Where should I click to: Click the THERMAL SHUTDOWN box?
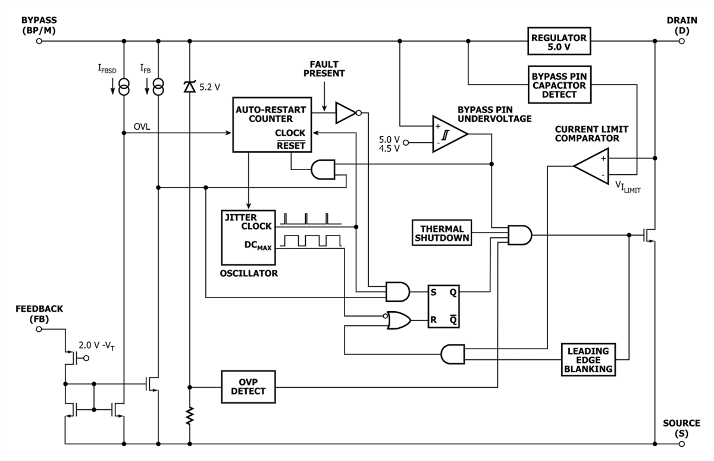pyautogui.click(x=441, y=233)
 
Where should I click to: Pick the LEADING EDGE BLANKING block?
pyautogui.click(x=587, y=359)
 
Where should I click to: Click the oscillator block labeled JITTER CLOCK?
pyautogui.click(x=248, y=237)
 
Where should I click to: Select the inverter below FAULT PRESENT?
pyautogui.click(x=347, y=112)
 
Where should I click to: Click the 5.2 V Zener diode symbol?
pyautogui.click(x=190, y=87)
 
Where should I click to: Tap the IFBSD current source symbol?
pyautogui.click(x=124, y=89)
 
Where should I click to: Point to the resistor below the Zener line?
pyautogui.click(x=190, y=416)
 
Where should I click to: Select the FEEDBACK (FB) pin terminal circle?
pyautogui.click(x=39, y=327)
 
